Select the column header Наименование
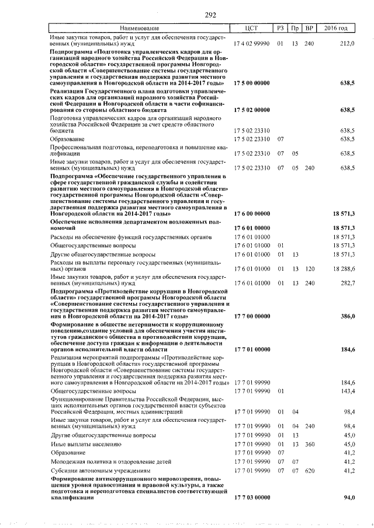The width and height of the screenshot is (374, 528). click(139, 29)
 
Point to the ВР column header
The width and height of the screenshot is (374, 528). click(310, 29)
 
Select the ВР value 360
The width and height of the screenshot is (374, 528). click(310, 444)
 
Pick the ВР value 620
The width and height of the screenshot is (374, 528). click(310, 470)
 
